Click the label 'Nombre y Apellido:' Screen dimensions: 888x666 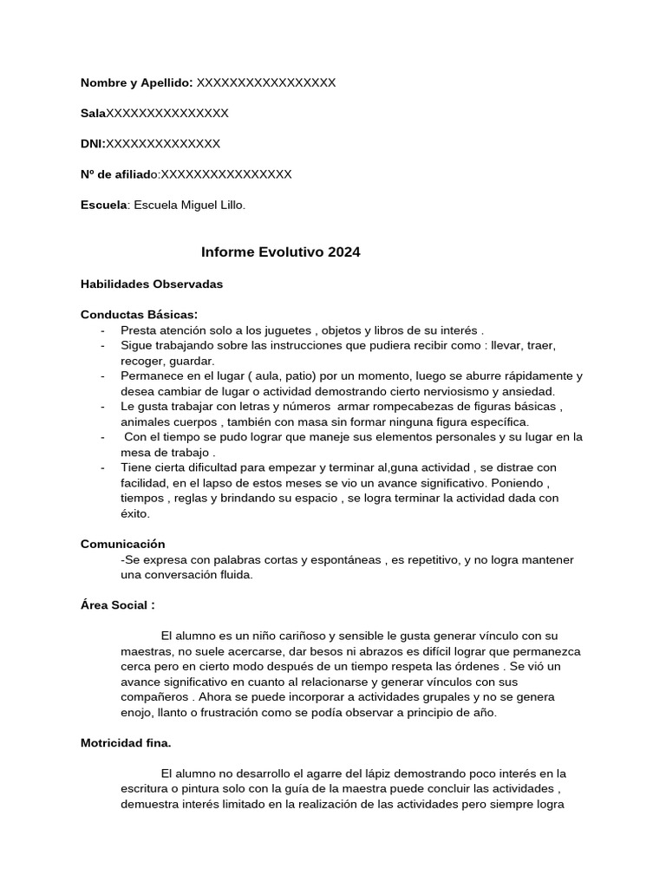136,82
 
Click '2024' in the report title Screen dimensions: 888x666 343,252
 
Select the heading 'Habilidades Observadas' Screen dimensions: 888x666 152,284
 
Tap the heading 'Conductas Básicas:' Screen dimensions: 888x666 139,314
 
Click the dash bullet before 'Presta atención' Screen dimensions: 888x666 102,330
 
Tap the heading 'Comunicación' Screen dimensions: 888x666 122,544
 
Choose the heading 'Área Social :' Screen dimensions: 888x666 118,604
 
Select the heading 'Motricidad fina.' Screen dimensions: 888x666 126,743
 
